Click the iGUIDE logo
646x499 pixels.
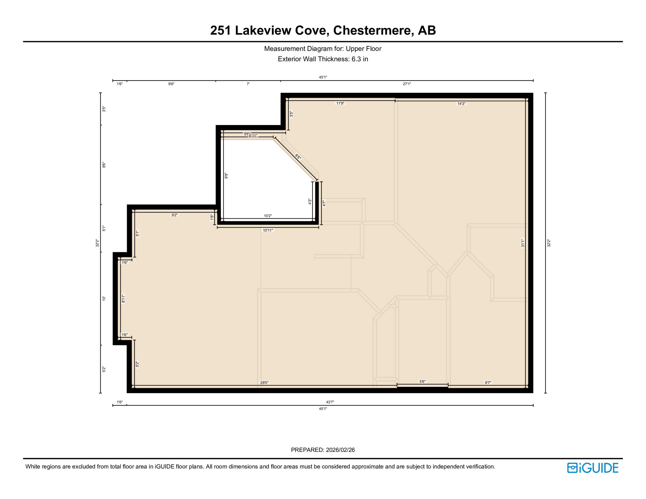pos(592,468)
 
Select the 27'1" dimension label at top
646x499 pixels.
pos(407,84)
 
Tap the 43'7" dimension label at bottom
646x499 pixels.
pos(330,402)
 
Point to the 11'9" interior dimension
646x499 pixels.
pos(340,103)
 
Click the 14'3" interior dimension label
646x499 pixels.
pos(461,104)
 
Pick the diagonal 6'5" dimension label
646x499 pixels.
pos(298,157)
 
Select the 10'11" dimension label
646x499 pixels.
pos(268,230)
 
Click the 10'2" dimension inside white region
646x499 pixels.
pos(268,216)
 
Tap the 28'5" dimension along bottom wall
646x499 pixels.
pos(264,383)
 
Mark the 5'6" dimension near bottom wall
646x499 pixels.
pos(422,382)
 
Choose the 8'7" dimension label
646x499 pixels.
pos(488,383)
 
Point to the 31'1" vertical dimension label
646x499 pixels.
pos(523,243)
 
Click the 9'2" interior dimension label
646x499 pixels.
pos(174,215)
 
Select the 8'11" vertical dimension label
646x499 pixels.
pos(123,299)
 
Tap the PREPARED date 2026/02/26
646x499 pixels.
pos(340,450)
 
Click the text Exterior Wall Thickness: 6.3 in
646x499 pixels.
pos(323,59)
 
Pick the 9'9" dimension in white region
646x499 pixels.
pos(226,176)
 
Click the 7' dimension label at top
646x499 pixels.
pos(248,84)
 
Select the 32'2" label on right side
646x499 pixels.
pos(549,243)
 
